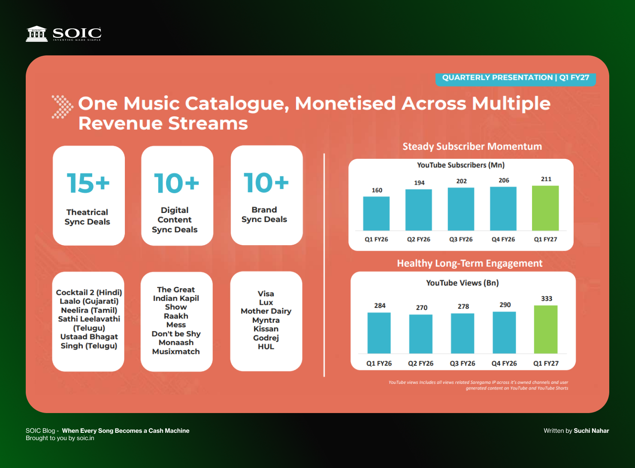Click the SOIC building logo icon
click(x=36, y=34)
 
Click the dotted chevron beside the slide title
click(x=62, y=106)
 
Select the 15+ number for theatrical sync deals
click(x=88, y=183)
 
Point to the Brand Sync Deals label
click(x=264, y=214)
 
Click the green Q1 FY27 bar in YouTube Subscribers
click(x=545, y=208)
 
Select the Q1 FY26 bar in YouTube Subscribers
click(x=376, y=213)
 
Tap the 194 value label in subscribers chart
click(x=419, y=182)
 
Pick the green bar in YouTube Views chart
click(x=545, y=329)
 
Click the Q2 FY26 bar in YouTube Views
click(x=420, y=334)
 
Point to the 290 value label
click(x=505, y=304)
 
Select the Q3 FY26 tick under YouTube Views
click(x=463, y=363)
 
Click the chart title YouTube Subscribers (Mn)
click(x=461, y=165)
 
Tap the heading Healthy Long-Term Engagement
click(x=470, y=263)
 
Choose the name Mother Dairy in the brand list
click(x=266, y=311)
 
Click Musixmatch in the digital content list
click(x=176, y=351)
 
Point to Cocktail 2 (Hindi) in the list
click(x=89, y=292)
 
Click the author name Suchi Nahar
click(x=591, y=431)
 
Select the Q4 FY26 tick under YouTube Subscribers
click(x=503, y=240)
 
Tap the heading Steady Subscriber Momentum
click(x=472, y=146)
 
